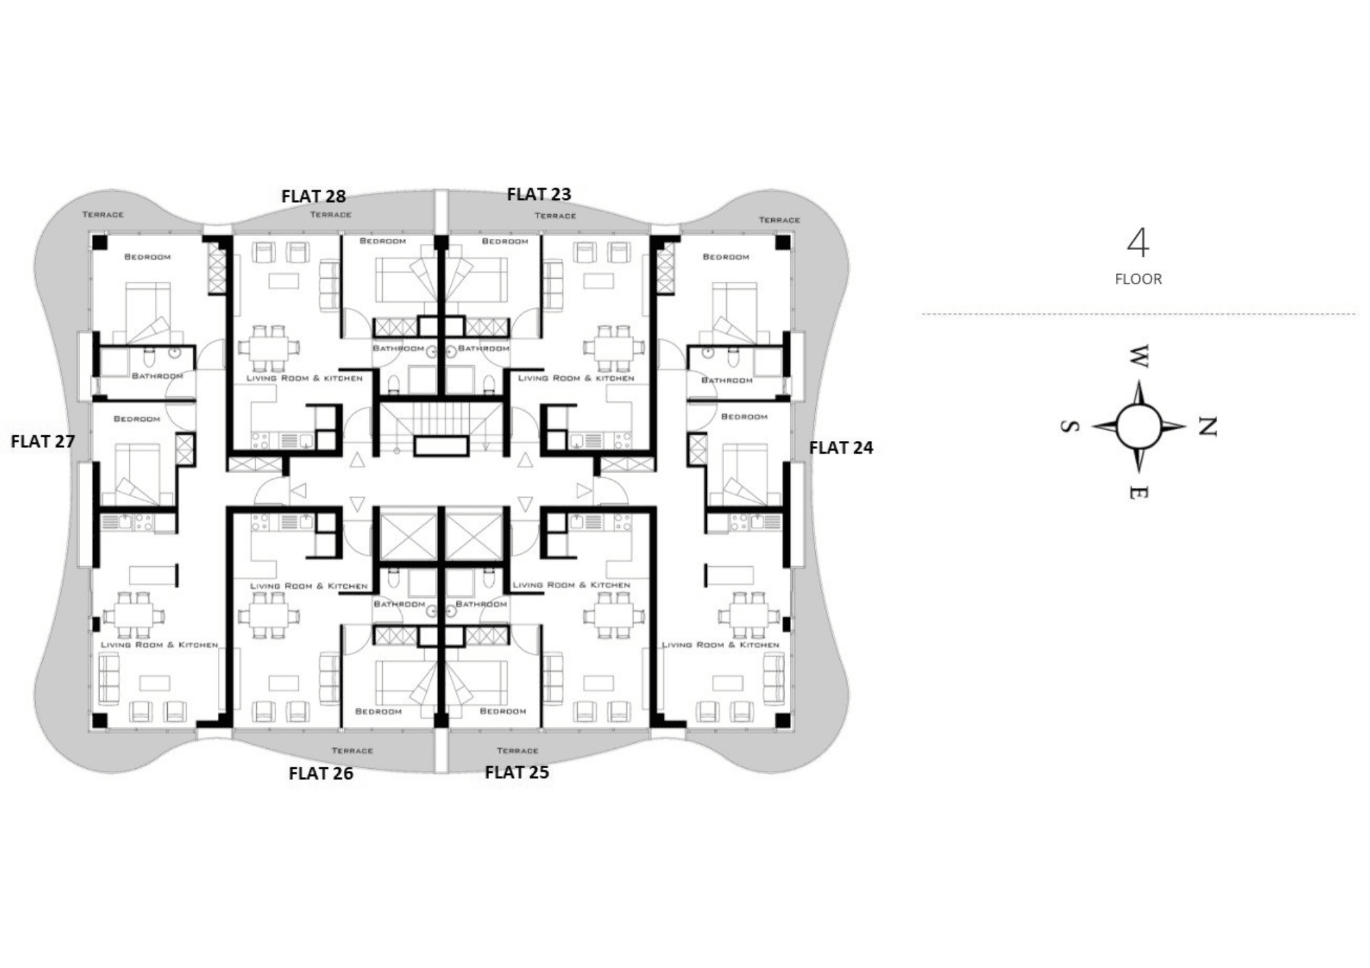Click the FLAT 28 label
[313, 196]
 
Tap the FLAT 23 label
[539, 194]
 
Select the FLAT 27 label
[42, 442]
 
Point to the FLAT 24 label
[841, 448]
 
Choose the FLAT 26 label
[321, 774]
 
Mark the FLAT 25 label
[516, 772]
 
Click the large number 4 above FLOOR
[1138, 243]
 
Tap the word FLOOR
[1138, 279]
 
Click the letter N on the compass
[1207, 426]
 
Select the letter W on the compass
[1138, 356]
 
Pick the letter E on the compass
[1138, 492]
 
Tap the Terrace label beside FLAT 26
[352, 751]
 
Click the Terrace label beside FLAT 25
[517, 751]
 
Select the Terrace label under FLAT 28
[331, 215]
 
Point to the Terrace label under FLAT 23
[556, 216]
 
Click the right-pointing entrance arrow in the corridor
[584, 491]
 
